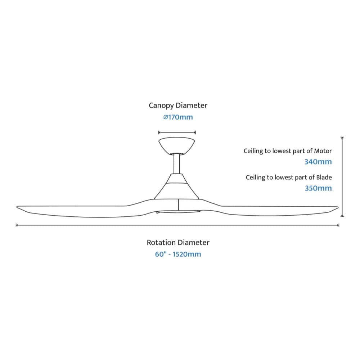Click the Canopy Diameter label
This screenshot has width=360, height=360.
178,105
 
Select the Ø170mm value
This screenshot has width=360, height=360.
178,117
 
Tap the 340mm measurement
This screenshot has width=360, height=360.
318,162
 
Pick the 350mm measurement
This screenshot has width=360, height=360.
318,188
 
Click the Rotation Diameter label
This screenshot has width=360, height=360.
178,242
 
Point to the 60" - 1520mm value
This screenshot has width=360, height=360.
178,255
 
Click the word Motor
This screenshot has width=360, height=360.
323,151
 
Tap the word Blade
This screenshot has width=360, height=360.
324,177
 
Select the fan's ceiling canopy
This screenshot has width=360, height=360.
176,146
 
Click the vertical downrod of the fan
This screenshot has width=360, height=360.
176,164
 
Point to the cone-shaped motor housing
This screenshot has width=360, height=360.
176,186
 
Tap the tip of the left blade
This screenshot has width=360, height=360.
17,207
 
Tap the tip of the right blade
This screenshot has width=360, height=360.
338,208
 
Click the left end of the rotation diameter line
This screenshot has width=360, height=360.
16,225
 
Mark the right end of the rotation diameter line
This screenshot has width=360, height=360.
339,225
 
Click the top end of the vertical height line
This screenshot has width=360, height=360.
342,137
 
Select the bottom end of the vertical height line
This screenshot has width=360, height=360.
342,216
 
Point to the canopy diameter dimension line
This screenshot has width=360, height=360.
177,132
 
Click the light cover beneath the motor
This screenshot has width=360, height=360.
178,212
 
